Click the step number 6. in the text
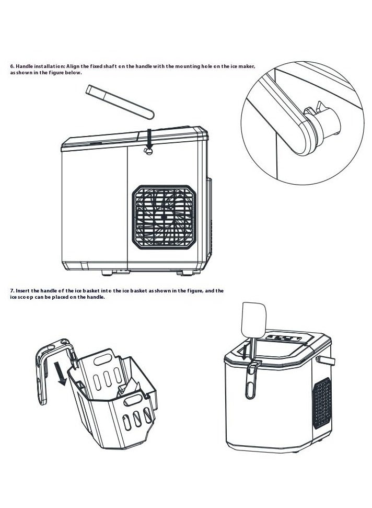coord(13,66)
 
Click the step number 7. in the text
coord(13,291)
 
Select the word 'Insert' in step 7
coord(23,291)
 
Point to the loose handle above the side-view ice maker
coord(120,101)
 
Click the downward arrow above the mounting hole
coord(149,139)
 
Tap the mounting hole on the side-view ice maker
coord(148,151)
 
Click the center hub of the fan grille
coord(164,217)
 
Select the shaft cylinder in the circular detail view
coord(328,123)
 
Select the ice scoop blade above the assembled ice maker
coord(253,320)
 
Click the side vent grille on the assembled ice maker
coord(322,403)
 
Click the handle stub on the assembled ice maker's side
coord(326,360)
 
